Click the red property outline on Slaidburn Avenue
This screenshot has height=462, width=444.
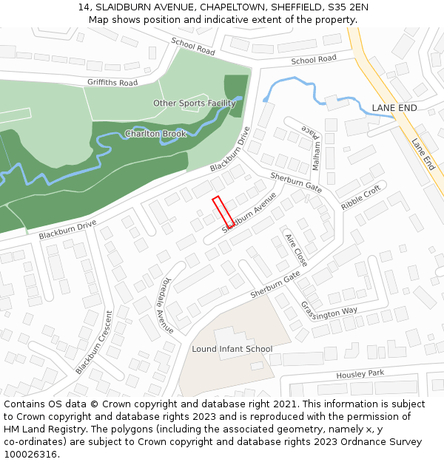pos(223,211)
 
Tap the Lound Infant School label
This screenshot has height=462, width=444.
pos(232,349)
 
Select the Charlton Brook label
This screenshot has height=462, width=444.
pos(155,134)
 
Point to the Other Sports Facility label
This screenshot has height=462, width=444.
pos(194,103)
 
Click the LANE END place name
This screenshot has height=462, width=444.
pos(394,108)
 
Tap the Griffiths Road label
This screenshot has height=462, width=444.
pos(112,83)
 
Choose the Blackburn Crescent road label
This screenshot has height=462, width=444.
pos(94,342)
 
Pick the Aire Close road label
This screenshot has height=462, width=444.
pos(296,249)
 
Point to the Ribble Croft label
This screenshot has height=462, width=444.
pos(360,197)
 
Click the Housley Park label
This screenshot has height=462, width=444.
pos(360,375)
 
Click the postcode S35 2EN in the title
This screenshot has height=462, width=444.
pos(347,7)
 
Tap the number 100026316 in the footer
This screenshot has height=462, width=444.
pos(30,454)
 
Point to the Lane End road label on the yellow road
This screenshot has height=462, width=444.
pos(423,154)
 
